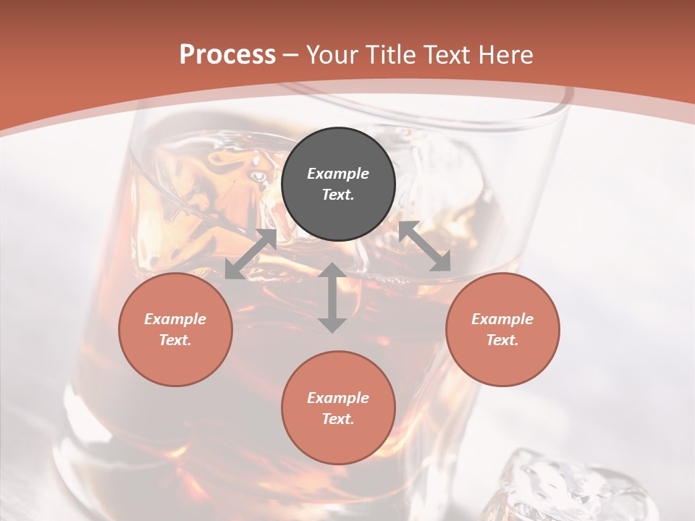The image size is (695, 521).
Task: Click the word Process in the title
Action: [227, 55]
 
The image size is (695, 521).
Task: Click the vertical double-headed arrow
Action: [332, 297]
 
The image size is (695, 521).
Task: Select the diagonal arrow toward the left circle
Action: [251, 254]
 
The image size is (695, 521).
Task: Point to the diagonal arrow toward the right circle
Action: [425, 247]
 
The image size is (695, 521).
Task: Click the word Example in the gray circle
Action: [338, 174]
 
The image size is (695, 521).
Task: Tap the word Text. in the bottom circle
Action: [338, 419]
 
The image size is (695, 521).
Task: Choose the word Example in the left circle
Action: [175, 319]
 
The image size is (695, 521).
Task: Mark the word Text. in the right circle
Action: [502, 340]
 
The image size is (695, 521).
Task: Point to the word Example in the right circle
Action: [502, 319]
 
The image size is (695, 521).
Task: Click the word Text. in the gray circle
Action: [338, 195]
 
